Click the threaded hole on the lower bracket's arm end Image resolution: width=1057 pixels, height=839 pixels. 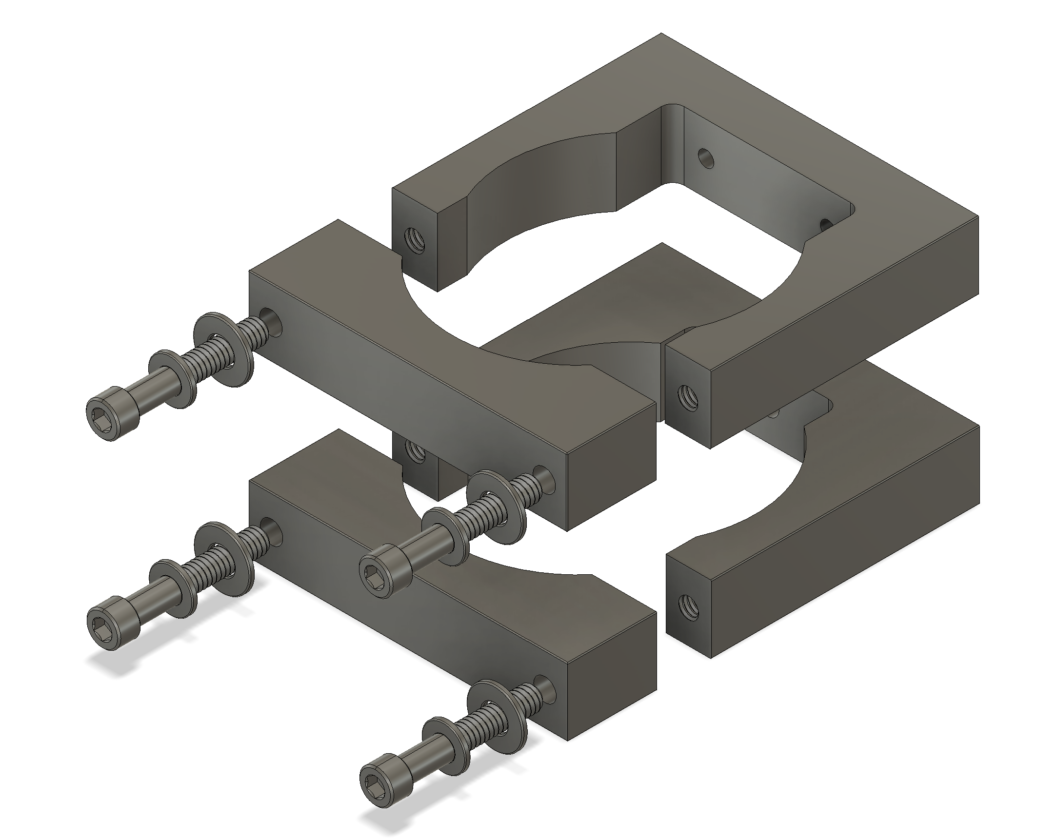click(687, 606)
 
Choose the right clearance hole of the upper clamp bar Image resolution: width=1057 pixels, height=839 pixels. click(545, 478)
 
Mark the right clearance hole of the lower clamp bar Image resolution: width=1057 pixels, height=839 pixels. click(545, 687)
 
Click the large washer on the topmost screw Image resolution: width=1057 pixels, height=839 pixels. click(224, 349)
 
